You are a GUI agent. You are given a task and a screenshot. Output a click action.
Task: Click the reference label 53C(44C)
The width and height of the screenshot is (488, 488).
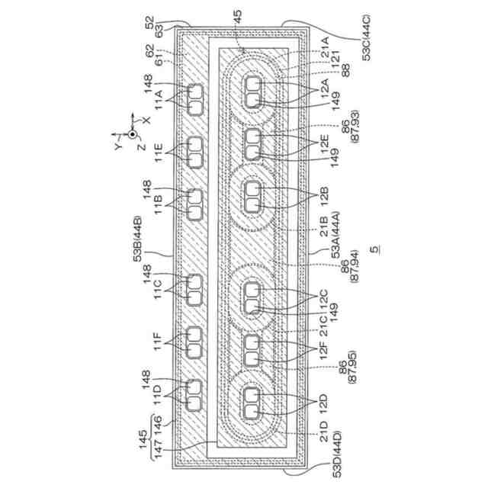(366, 37)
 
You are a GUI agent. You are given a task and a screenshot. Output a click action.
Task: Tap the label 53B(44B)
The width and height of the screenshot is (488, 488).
(137, 239)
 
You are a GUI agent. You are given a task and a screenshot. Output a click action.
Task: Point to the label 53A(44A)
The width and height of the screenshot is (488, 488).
(335, 235)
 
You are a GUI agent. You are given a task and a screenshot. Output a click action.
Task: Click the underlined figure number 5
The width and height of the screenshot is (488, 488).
(375, 249)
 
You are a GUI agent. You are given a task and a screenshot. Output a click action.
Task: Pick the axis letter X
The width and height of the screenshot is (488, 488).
(146, 120)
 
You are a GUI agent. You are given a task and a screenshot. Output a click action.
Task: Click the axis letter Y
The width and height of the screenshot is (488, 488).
(118, 146)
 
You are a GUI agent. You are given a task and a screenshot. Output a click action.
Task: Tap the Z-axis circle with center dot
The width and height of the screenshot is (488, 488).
(133, 134)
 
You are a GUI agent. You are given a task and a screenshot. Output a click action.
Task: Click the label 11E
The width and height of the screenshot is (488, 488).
(159, 152)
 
